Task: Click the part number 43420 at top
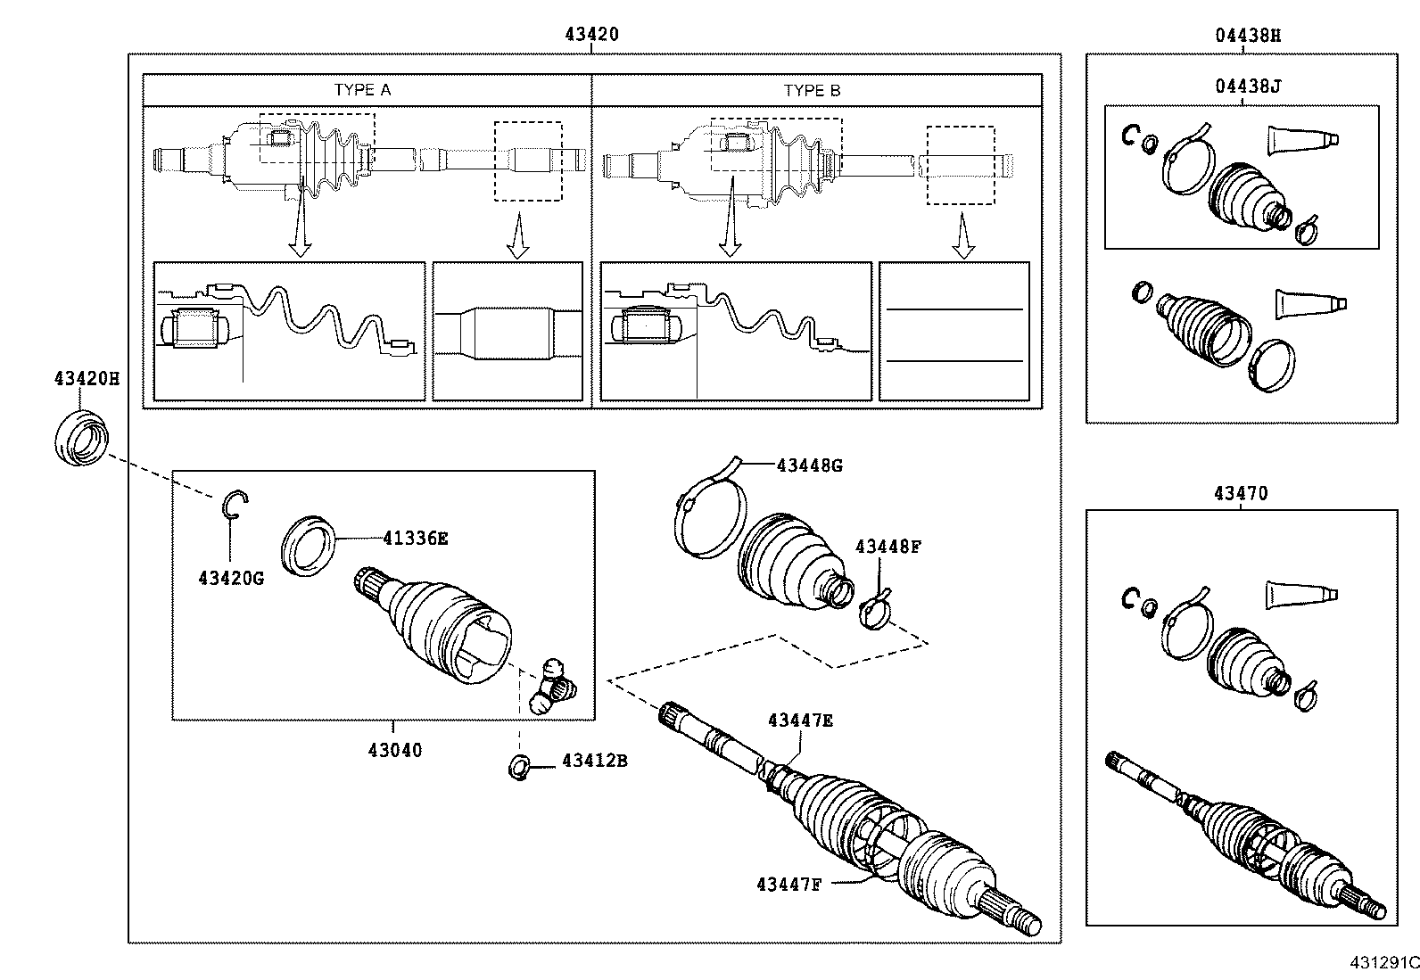pyautogui.click(x=591, y=35)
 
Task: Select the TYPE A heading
pyautogui.click(x=362, y=90)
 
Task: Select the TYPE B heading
pyautogui.click(x=812, y=90)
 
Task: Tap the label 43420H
pyautogui.click(x=86, y=378)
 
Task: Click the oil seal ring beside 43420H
pyautogui.click(x=81, y=437)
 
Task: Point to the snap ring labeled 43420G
pyautogui.click(x=234, y=504)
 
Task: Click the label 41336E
pyautogui.click(x=415, y=538)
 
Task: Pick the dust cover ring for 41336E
pyautogui.click(x=309, y=544)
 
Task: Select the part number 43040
pyautogui.click(x=394, y=750)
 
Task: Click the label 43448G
pyautogui.click(x=809, y=465)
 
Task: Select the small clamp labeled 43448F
pyautogui.click(x=875, y=612)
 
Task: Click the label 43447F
pyautogui.click(x=788, y=884)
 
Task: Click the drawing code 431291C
pyautogui.click(x=1384, y=963)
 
